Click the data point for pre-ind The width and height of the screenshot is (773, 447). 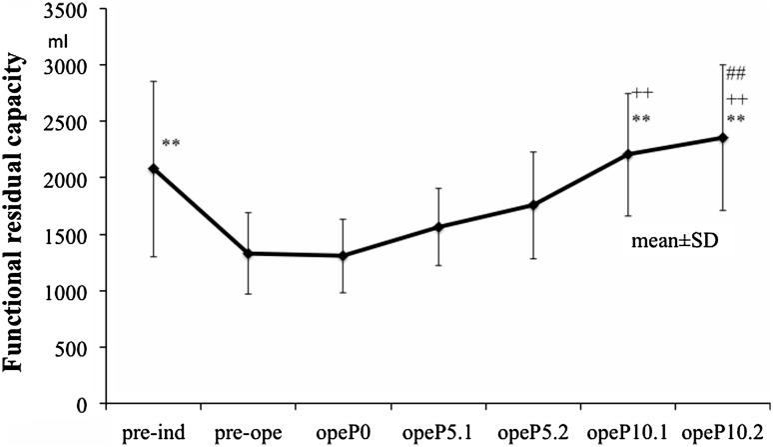pyautogui.click(x=153, y=169)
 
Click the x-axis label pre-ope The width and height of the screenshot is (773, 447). pyautogui.click(x=248, y=432)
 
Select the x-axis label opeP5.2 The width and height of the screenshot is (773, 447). pyautogui.click(x=533, y=432)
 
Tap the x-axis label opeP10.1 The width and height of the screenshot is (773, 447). pyautogui.click(x=627, y=432)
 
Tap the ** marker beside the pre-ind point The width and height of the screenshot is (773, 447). pyautogui.click(x=171, y=144)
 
